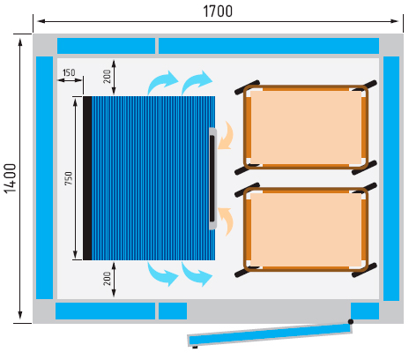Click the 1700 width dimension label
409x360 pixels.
point(218,11)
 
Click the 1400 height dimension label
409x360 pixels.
point(11,178)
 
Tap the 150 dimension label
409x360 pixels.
point(69,72)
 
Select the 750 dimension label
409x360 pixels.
point(68,178)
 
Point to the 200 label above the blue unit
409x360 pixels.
point(108,77)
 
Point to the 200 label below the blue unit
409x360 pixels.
point(108,279)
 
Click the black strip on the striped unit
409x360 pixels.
point(87,178)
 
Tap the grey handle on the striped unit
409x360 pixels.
point(213,178)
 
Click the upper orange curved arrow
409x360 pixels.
point(226,135)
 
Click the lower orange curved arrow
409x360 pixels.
point(226,221)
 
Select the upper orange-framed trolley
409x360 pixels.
point(306,127)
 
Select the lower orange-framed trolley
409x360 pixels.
point(306,229)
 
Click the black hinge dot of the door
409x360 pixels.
point(351,321)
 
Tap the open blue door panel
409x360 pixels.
point(270,334)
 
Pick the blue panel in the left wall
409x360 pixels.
point(44,177)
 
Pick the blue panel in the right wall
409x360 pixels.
point(391,178)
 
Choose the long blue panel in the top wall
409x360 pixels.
point(269,46)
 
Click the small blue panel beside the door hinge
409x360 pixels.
point(365,311)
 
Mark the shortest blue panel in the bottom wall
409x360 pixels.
point(173,311)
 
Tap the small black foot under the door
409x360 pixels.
point(195,348)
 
